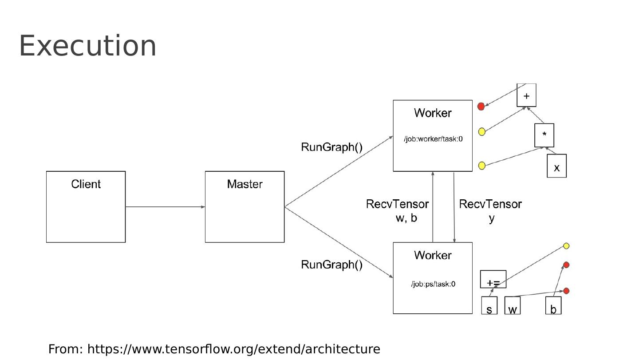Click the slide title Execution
(x=88, y=46)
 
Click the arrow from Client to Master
(x=165, y=207)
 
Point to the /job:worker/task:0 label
(x=433, y=139)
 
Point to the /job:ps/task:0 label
(x=433, y=284)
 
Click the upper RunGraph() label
(x=332, y=147)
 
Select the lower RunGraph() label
(x=332, y=265)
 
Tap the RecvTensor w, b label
(x=398, y=211)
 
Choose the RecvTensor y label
(x=490, y=211)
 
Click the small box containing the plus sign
(x=526, y=95)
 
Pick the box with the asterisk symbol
(x=544, y=135)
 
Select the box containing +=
(x=493, y=280)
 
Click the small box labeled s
(x=489, y=306)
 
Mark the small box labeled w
(x=513, y=306)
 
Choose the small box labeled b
(x=553, y=306)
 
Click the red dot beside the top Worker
(x=481, y=107)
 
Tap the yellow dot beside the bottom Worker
(x=566, y=246)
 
